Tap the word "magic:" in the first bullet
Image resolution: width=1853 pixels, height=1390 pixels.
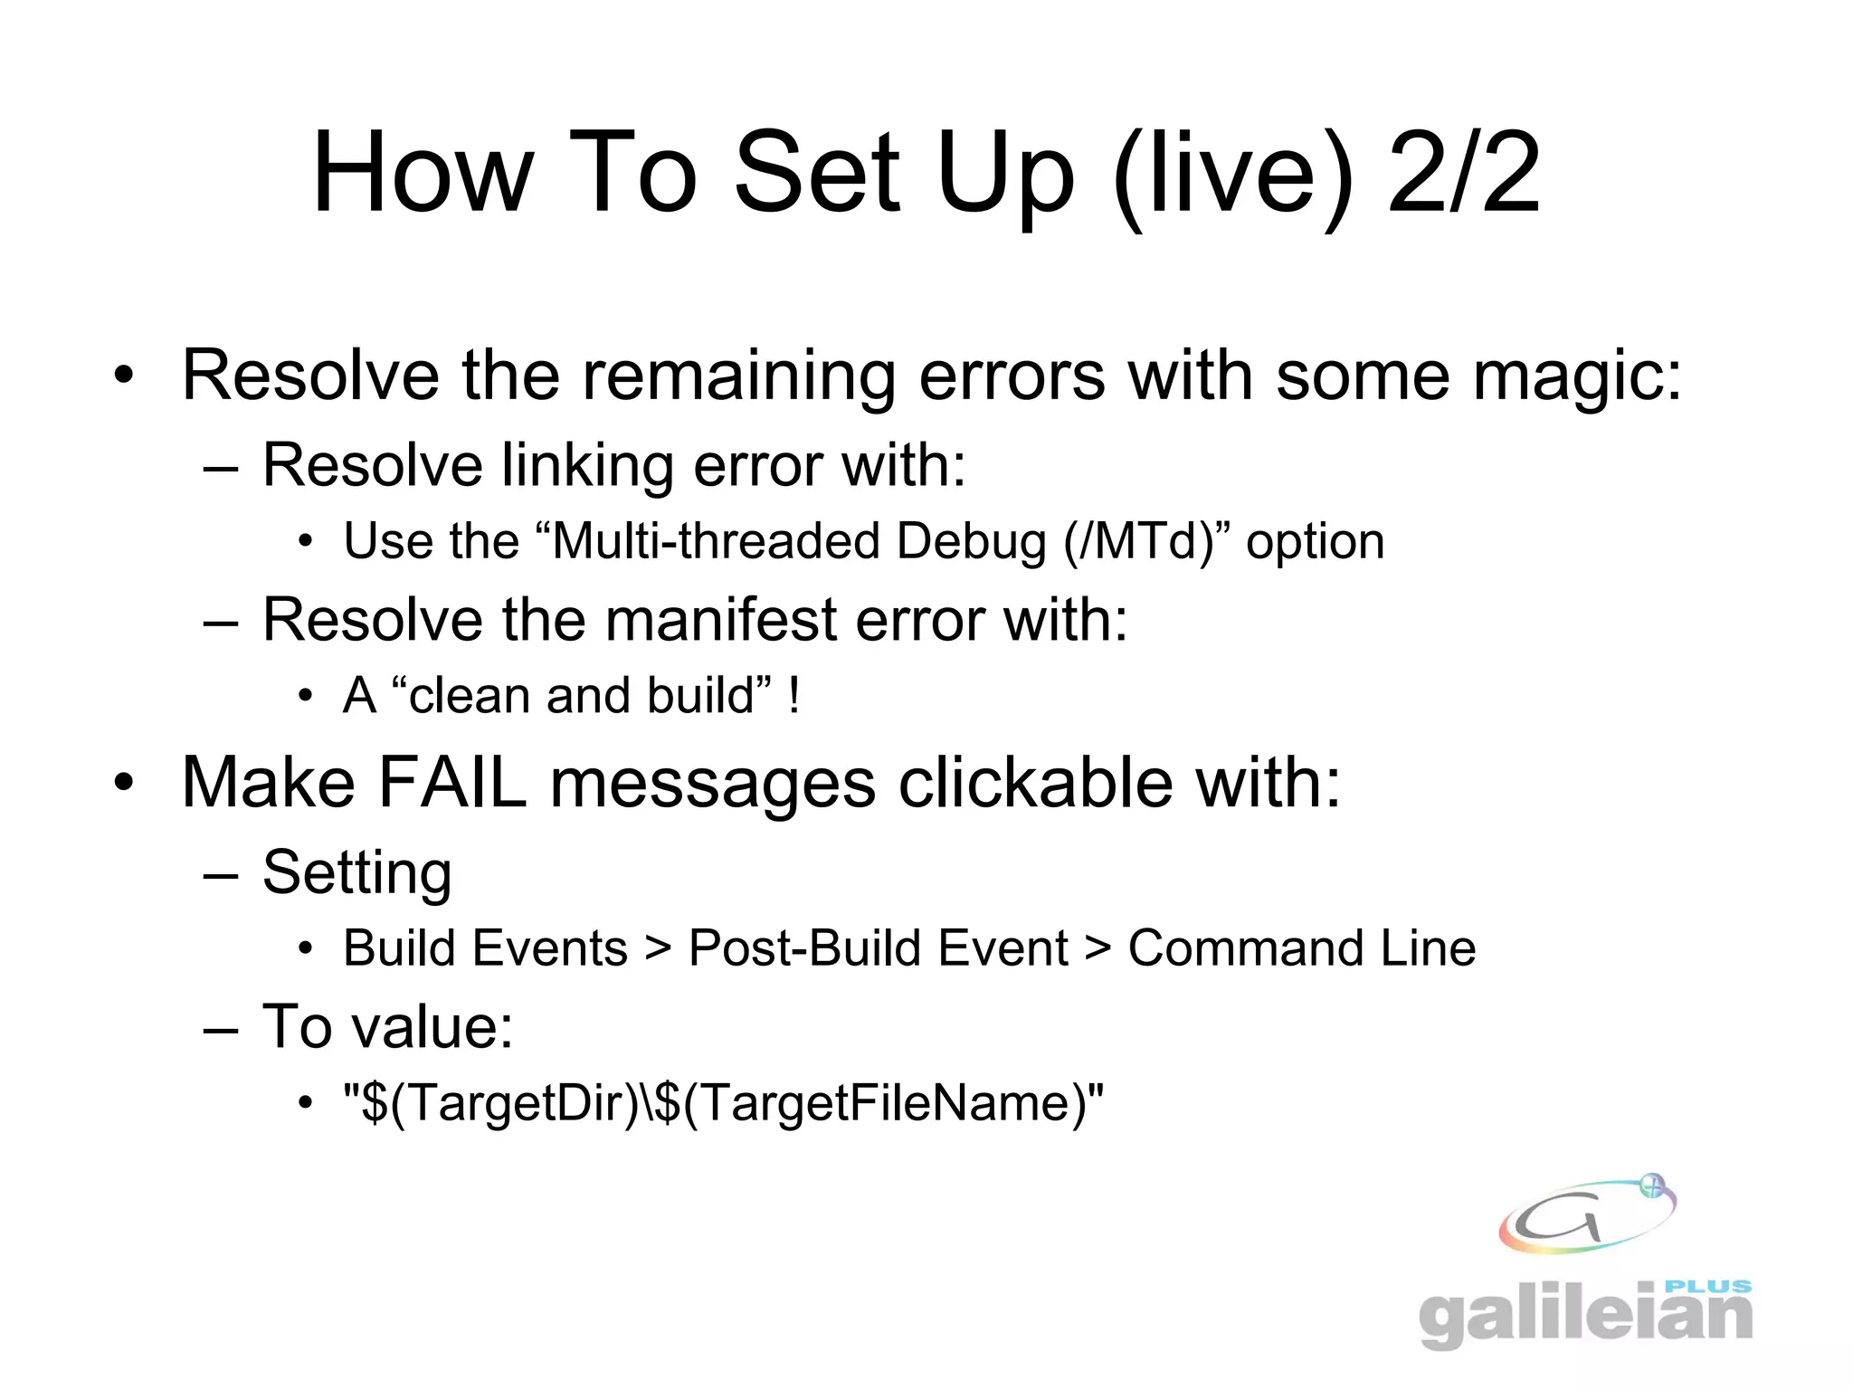point(1576,375)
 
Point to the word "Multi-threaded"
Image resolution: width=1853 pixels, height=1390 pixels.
point(716,542)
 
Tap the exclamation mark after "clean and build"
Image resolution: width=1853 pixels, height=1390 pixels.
point(793,697)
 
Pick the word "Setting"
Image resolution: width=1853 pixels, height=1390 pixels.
point(356,873)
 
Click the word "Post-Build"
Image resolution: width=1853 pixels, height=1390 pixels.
point(878,949)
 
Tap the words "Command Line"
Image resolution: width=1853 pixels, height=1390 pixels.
point(1301,949)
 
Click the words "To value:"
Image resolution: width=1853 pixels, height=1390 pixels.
point(387,1027)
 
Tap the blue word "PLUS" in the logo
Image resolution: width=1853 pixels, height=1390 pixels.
point(1707,1286)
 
